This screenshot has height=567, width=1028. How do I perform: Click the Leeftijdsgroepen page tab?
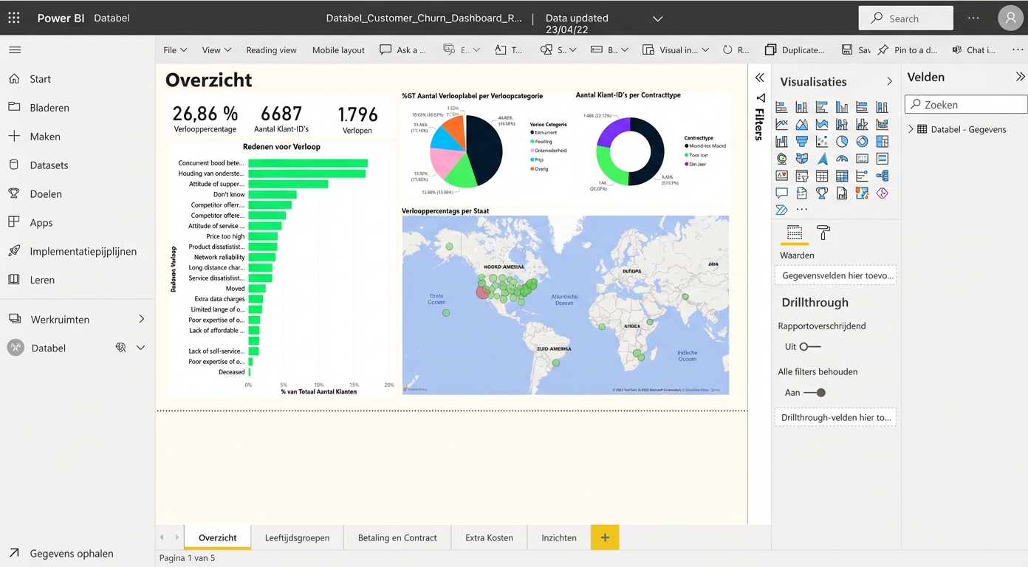[x=297, y=537]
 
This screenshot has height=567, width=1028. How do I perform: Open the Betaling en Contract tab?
[x=397, y=537]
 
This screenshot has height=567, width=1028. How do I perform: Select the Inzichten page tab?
[x=559, y=537]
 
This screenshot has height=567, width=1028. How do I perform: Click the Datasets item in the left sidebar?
[x=49, y=165]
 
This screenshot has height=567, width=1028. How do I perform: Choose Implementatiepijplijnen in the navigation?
[x=83, y=251]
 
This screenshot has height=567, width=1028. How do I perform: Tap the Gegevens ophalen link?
[x=72, y=553]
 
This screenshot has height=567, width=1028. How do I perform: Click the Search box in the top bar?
[x=905, y=18]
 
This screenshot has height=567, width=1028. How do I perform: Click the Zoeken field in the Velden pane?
[x=966, y=105]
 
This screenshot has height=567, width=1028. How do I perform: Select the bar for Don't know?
[x=273, y=195]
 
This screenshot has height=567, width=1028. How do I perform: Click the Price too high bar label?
[x=225, y=237]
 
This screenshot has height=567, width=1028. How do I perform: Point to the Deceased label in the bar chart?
[x=231, y=372]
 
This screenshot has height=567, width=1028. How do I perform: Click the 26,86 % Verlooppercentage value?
[x=205, y=114]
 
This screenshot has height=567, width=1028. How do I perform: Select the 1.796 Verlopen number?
[x=357, y=115]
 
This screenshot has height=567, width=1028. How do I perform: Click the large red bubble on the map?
[x=482, y=292]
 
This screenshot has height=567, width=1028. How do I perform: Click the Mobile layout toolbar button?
[x=338, y=50]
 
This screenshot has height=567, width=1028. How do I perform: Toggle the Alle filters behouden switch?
[x=815, y=393]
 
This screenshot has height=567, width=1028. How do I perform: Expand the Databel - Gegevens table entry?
[x=911, y=129]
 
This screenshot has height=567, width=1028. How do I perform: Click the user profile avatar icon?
[x=1010, y=18]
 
